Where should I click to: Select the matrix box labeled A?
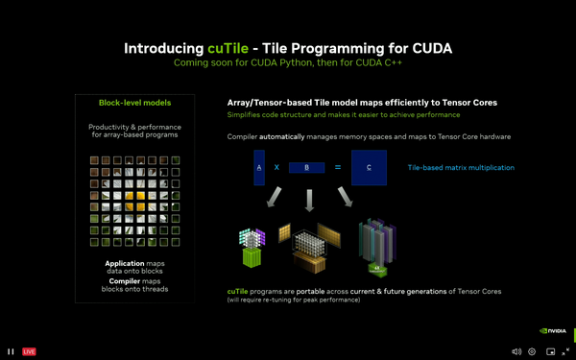pyautogui.click(x=259, y=167)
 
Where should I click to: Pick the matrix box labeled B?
pyautogui.click(x=307, y=167)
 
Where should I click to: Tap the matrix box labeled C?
pyautogui.click(x=369, y=167)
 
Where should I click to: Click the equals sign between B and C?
pyautogui.click(x=337, y=167)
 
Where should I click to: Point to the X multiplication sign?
pyautogui.click(x=276, y=167)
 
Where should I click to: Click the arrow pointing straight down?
pyautogui.click(x=308, y=200)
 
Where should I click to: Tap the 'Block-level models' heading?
pyautogui.click(x=135, y=103)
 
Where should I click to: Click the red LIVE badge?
pyautogui.click(x=29, y=351)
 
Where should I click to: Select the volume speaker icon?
pyautogui.click(x=516, y=351)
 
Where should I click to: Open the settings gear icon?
pyautogui.click(x=532, y=351)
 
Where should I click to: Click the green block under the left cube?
pyautogui.click(x=252, y=257)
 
